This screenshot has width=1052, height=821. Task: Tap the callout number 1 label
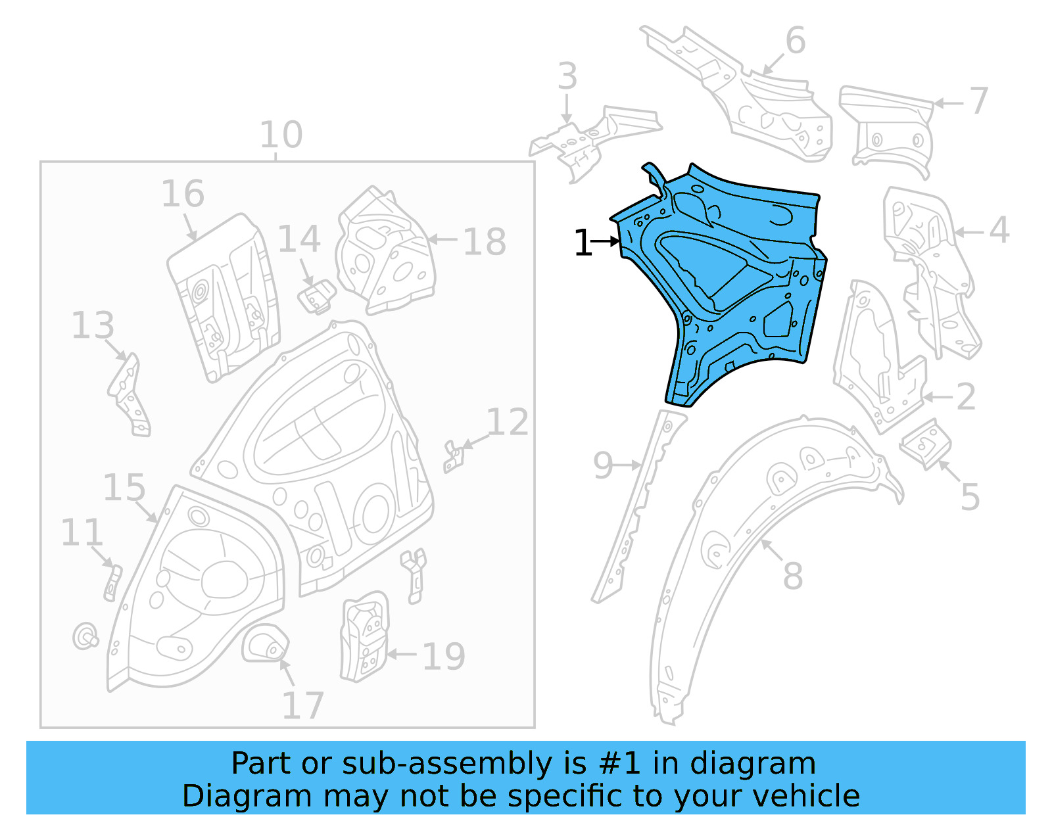click(x=583, y=243)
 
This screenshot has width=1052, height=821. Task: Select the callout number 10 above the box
click(x=281, y=135)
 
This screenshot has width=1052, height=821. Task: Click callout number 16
click(x=183, y=194)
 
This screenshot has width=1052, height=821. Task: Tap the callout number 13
click(x=93, y=325)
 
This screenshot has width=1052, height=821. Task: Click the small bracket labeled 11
click(x=112, y=582)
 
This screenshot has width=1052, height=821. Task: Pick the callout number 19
click(x=443, y=656)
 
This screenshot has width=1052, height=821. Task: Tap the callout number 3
click(x=567, y=76)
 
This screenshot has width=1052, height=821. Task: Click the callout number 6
click(x=795, y=41)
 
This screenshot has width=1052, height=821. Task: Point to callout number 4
click(x=999, y=230)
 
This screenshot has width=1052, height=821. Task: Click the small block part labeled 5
click(x=926, y=444)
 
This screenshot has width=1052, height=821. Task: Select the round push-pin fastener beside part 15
click(x=85, y=636)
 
